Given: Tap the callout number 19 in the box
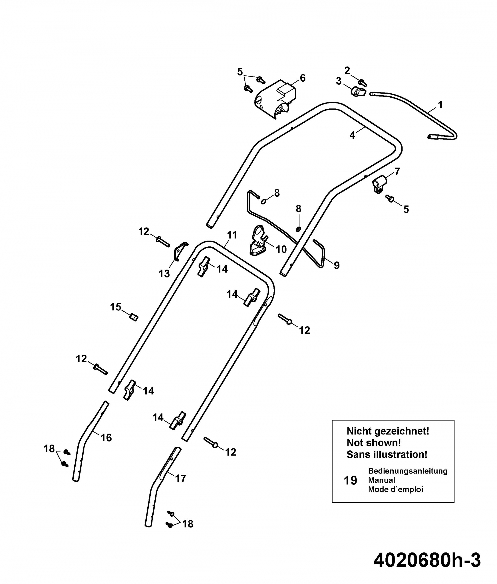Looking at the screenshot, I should pyautogui.click(x=351, y=480).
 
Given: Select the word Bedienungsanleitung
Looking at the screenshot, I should pyautogui.click(x=408, y=471).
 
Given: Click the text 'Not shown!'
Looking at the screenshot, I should pyautogui.click(x=374, y=443).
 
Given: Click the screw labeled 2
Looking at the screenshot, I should pyautogui.click(x=363, y=83).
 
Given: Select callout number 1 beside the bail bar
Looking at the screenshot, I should pyautogui.click(x=440, y=105).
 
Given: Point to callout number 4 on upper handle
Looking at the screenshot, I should pyautogui.click(x=352, y=135).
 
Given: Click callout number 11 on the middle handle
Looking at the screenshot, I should pyautogui.click(x=232, y=235).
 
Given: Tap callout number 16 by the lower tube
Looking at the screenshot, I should pyautogui.click(x=106, y=438).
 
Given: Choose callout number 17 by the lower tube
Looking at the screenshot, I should pyautogui.click(x=181, y=478).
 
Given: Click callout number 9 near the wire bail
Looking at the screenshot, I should pyautogui.click(x=336, y=265).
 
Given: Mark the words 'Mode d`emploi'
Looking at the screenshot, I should pyautogui.click(x=395, y=489).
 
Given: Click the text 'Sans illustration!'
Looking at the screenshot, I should pyautogui.click(x=387, y=455).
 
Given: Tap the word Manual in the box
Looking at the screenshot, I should pyautogui.click(x=381, y=480).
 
